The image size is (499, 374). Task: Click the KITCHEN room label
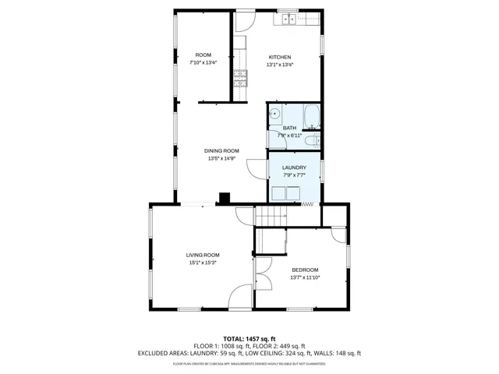280,57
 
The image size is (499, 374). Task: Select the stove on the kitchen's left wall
239,77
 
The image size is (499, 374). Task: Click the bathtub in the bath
312,116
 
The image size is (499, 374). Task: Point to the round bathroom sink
275,115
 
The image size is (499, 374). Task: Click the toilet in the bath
310,140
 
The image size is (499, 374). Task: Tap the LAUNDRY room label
294,168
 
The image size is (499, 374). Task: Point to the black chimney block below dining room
224,199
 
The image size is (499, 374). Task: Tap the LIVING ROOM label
202,255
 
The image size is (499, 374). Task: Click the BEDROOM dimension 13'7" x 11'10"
305,277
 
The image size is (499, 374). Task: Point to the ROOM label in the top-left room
203,55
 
